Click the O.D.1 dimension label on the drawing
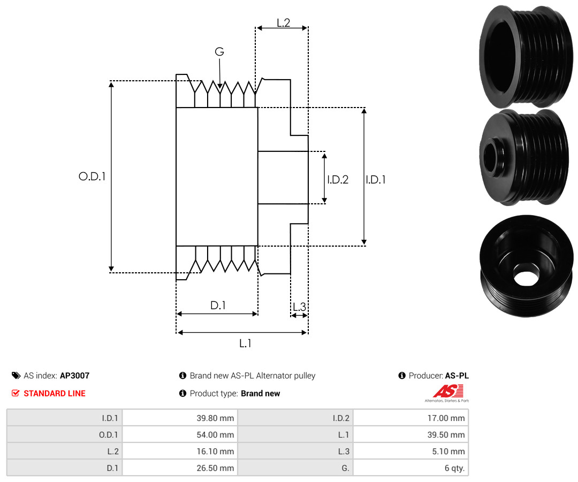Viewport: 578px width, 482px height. pyautogui.click(x=92, y=177)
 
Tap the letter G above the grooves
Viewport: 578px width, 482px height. pyautogui.click(x=219, y=51)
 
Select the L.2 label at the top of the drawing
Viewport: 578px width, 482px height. pyautogui.click(x=284, y=23)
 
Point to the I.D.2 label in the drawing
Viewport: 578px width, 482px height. pyautogui.click(x=338, y=179)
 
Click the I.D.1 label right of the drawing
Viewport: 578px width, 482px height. pyautogui.click(x=376, y=179)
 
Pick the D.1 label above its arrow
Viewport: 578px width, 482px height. pyautogui.click(x=218, y=305)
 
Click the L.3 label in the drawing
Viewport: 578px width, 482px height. pyautogui.click(x=299, y=307)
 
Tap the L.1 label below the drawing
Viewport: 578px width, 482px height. pyautogui.click(x=245, y=343)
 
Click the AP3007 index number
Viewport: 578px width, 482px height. pyautogui.click(x=75, y=376)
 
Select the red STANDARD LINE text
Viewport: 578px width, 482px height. pyautogui.click(x=55, y=393)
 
